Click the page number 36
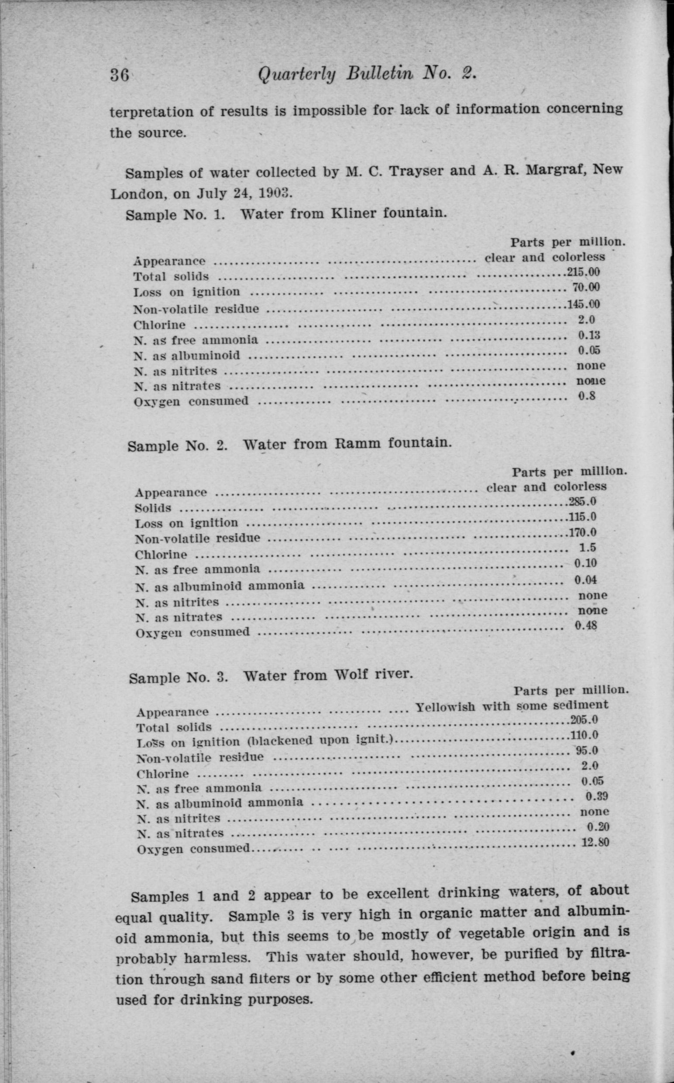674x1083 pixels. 120,75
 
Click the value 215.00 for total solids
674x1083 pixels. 583,272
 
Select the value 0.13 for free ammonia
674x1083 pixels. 589,335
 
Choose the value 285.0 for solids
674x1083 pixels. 583,502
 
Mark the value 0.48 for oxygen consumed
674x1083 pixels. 585,625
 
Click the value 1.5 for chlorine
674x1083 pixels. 587,548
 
